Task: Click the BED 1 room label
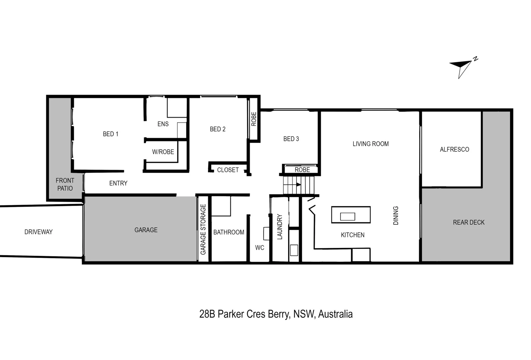coord(111,134)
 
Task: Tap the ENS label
coord(163,124)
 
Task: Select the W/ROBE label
coord(163,152)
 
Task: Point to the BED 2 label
coord(218,129)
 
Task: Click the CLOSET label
coord(228,170)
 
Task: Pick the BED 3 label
coord(291,139)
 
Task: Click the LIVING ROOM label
coord(371,144)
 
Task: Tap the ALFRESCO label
coord(454,149)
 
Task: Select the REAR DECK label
coord(469,222)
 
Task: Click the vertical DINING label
coord(396,215)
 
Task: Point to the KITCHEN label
coord(353,235)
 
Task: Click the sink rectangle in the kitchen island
coord(347,217)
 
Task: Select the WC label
coord(260,248)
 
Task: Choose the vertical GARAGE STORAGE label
coord(203,229)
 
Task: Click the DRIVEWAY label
coord(38,232)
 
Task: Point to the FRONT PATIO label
coord(65,185)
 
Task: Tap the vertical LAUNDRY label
coord(280,227)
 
